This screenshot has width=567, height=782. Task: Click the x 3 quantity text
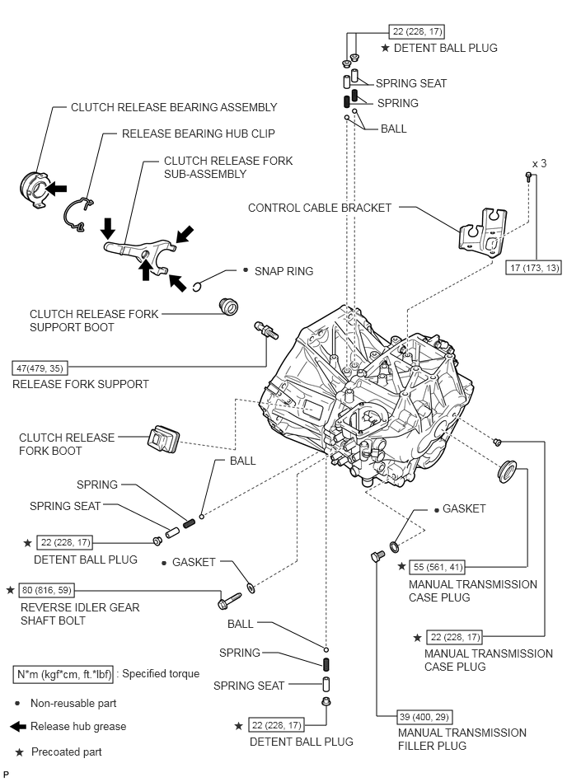[x=540, y=164]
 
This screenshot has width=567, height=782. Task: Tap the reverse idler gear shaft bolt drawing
[x=231, y=600]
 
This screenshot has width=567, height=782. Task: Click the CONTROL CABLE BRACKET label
[x=320, y=208]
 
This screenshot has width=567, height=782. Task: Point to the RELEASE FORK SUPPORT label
[x=81, y=383]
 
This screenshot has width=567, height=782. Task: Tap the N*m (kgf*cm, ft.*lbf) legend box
[x=63, y=673]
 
